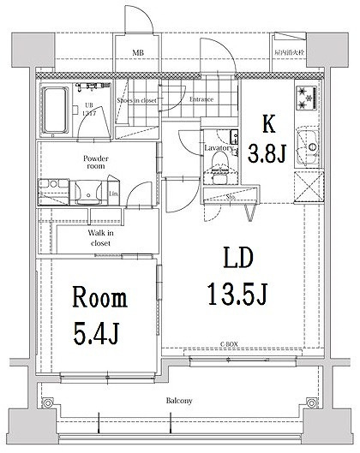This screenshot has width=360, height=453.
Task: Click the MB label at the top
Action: tap(137, 52)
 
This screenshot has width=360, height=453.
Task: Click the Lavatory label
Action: tap(219, 147)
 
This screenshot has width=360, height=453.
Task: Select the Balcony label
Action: tap(179, 400)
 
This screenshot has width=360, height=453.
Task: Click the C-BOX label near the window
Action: tap(228, 345)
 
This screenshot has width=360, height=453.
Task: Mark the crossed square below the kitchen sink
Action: tap(306, 185)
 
